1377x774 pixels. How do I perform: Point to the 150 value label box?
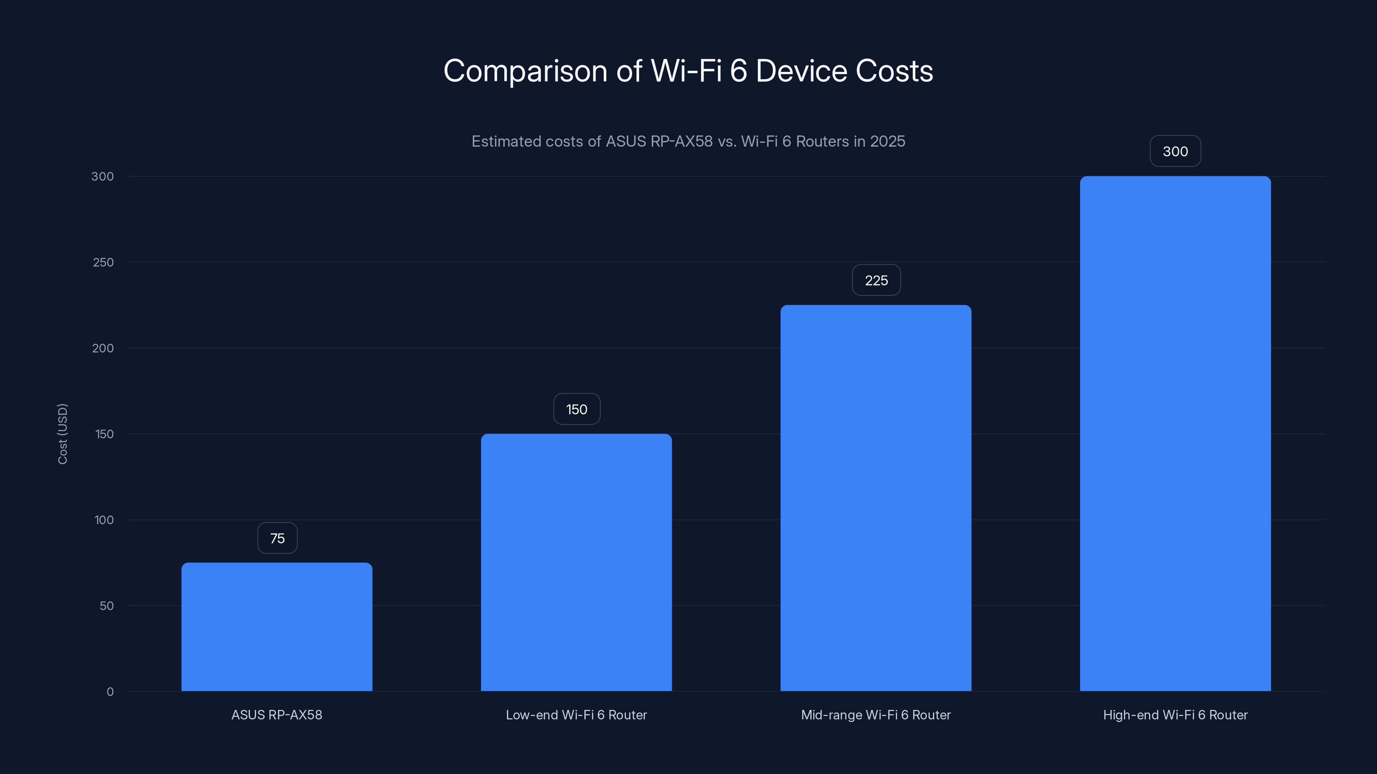(x=577, y=409)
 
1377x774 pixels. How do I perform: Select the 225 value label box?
(x=876, y=280)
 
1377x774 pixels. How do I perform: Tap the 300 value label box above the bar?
(x=1175, y=151)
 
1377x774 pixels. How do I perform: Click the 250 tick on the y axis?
(x=103, y=262)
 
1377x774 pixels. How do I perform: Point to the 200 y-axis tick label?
(x=103, y=348)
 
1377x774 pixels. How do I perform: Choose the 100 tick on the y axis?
(x=104, y=520)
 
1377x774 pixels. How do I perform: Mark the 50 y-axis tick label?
(x=106, y=606)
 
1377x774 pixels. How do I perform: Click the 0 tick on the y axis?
(x=110, y=692)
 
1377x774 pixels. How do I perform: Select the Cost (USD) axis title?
(x=62, y=434)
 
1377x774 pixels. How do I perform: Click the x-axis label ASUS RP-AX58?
(x=277, y=715)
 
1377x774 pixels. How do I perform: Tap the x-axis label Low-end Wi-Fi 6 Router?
(x=576, y=715)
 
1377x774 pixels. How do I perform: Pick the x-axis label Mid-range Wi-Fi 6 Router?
(x=876, y=715)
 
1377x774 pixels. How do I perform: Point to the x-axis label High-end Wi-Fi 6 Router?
(x=1175, y=715)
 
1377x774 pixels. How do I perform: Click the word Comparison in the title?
(x=525, y=71)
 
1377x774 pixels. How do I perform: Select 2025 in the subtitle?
(x=887, y=141)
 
